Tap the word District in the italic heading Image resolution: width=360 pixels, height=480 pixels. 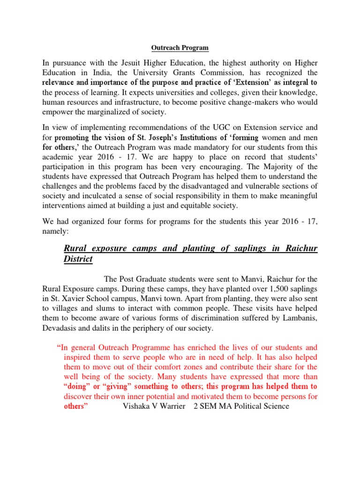(x=78, y=259)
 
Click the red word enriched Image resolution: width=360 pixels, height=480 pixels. (x=196, y=347)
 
